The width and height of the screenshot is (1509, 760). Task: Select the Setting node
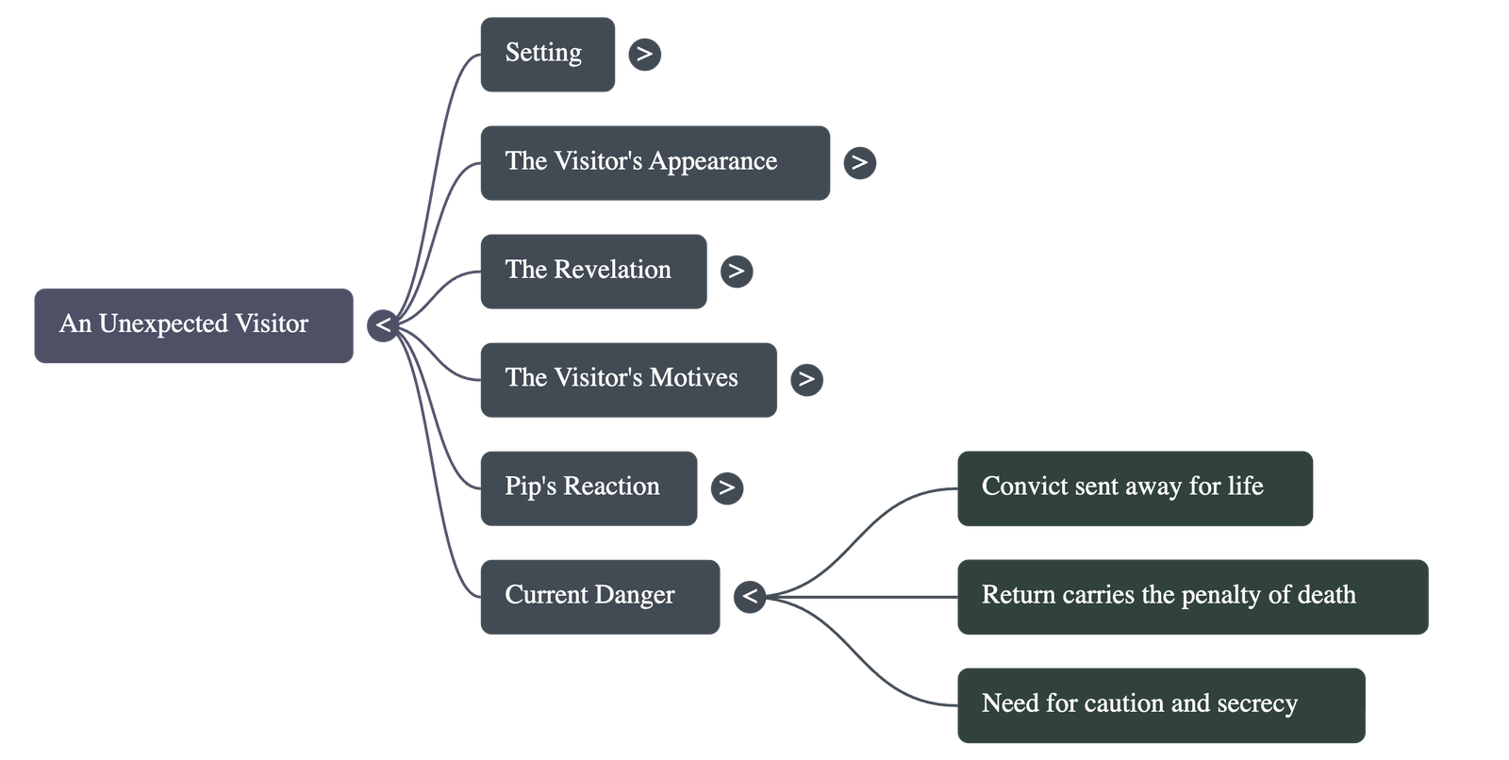pyautogui.click(x=547, y=54)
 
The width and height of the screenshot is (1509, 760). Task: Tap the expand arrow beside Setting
pyautogui.click(x=644, y=54)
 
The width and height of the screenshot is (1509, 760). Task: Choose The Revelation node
pyautogui.click(x=592, y=271)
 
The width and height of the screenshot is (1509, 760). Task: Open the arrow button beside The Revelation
pyautogui.click(x=736, y=272)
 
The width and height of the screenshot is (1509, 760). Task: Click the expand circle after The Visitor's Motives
pyautogui.click(x=806, y=379)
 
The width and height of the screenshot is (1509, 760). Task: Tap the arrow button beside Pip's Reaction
pyautogui.click(x=726, y=487)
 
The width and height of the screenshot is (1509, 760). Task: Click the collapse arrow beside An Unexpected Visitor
pyautogui.click(x=383, y=325)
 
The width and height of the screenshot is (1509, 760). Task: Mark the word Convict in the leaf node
pyautogui.click(x=1015, y=487)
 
